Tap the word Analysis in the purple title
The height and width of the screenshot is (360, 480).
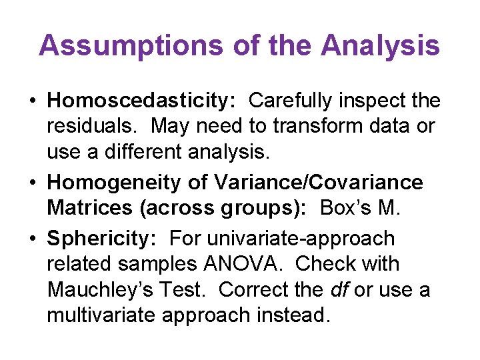380,46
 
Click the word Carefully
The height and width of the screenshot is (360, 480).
293,101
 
